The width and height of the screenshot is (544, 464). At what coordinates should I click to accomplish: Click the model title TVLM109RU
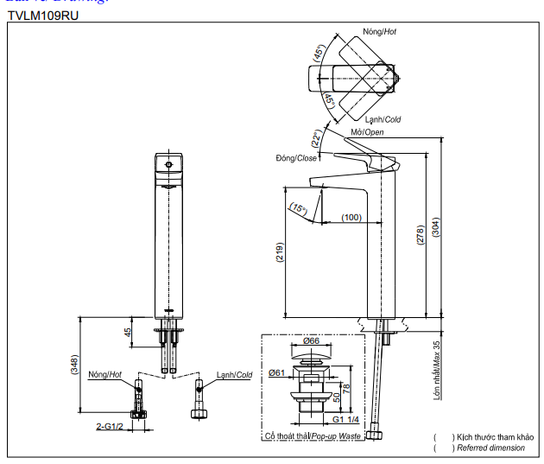coord(42,16)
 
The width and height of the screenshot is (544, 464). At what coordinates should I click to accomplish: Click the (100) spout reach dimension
coord(351,217)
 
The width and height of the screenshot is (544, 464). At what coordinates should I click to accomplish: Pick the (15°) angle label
coord(299,208)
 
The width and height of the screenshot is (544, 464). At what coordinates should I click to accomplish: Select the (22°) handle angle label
coord(318,137)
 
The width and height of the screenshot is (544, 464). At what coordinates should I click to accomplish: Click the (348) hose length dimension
coord(75,366)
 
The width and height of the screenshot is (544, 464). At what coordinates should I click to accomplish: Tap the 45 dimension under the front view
coord(129,332)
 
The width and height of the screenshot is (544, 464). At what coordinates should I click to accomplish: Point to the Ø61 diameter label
coord(277,372)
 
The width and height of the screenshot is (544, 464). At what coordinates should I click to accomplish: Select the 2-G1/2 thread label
coord(111,426)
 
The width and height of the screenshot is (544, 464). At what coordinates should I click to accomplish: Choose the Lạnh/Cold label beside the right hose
coord(235,374)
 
